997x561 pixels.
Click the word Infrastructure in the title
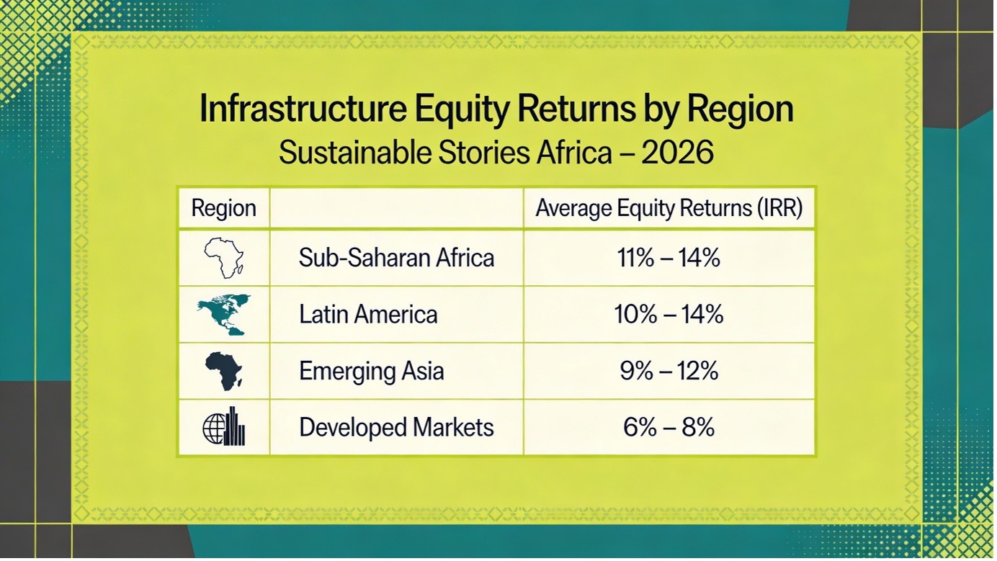click(x=303, y=109)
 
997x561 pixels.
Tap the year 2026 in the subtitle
click(x=677, y=152)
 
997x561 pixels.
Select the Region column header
click(x=223, y=208)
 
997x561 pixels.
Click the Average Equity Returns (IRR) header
click(x=669, y=208)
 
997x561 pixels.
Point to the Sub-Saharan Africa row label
click(x=396, y=258)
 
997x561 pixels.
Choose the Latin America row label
click(x=368, y=314)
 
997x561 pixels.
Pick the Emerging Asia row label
click(x=371, y=371)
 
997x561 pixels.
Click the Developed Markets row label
click(x=396, y=427)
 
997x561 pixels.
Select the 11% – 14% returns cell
click(x=669, y=258)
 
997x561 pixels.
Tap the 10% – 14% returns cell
click(x=669, y=314)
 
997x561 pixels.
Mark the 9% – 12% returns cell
click(x=669, y=371)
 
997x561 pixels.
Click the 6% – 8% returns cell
click(x=669, y=427)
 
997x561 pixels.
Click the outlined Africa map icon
click(x=223, y=258)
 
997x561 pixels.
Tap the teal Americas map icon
click(x=224, y=315)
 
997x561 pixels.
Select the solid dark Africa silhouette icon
click(x=224, y=372)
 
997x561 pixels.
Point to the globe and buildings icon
click(x=223, y=426)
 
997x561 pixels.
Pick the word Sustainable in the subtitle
click(x=354, y=152)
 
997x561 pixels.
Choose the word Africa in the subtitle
click(x=574, y=152)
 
